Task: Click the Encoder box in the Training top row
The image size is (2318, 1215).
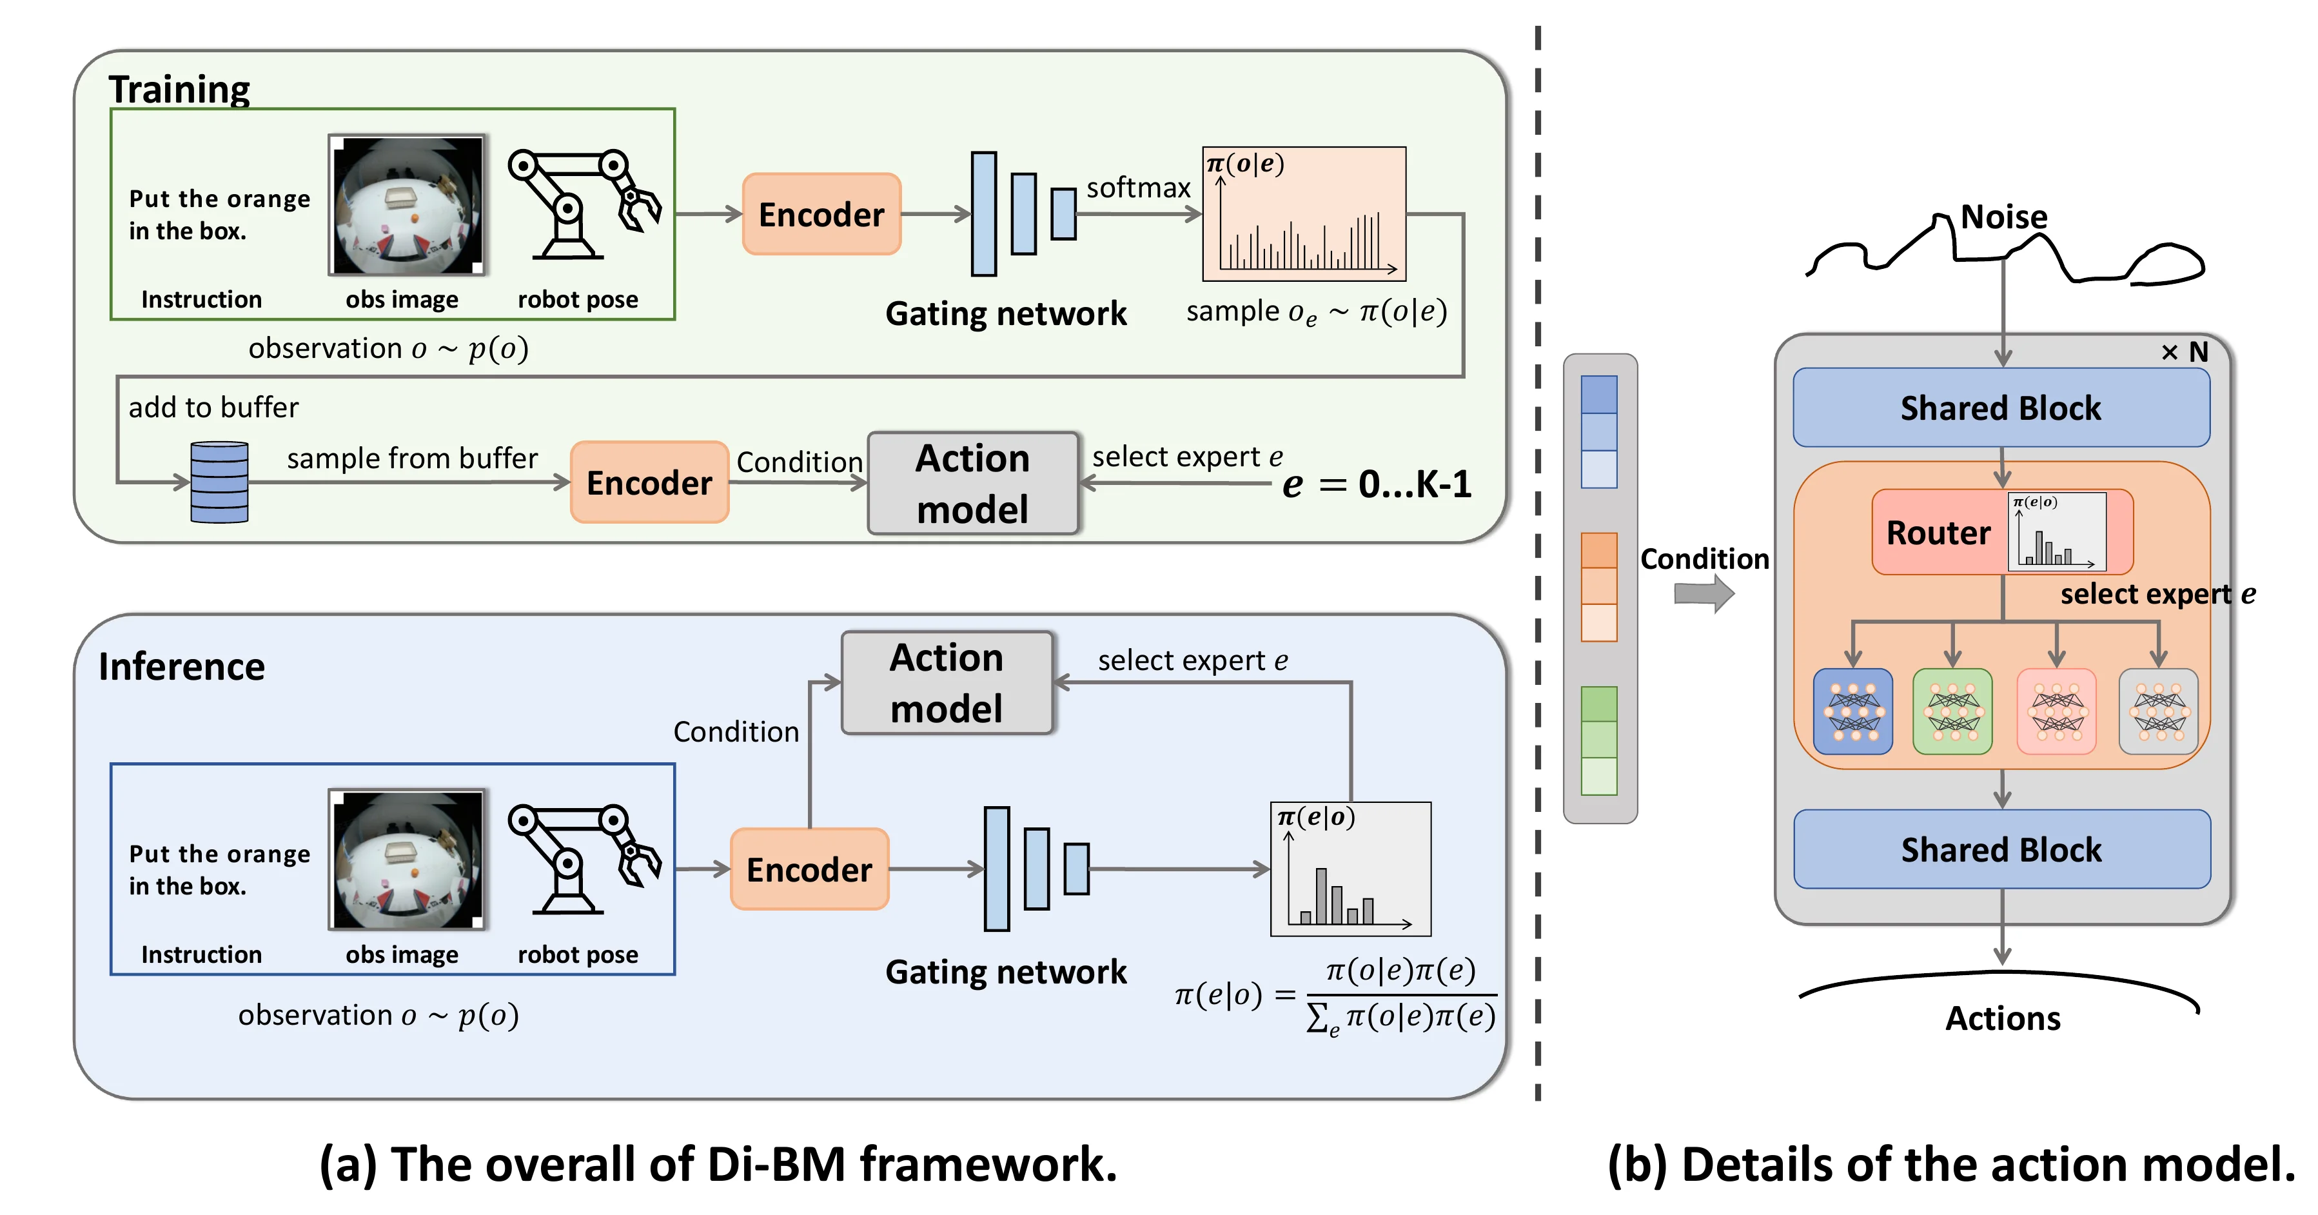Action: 821,214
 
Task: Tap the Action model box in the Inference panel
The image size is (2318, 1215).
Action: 946,683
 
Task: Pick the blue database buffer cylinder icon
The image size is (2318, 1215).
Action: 220,482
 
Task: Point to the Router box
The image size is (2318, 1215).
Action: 1939,533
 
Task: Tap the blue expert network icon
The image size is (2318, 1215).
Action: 1852,711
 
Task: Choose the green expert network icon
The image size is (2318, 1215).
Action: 1952,711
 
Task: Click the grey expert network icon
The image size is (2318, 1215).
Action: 2158,711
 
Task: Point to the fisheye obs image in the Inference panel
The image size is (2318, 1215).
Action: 408,860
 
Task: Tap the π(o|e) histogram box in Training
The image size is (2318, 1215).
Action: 1304,214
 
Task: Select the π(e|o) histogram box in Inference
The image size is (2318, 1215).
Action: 1350,869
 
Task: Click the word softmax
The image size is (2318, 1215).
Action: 1137,188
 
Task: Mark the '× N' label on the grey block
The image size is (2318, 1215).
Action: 2184,352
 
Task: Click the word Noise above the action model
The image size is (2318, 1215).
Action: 2003,217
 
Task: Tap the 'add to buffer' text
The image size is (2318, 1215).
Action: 213,408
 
